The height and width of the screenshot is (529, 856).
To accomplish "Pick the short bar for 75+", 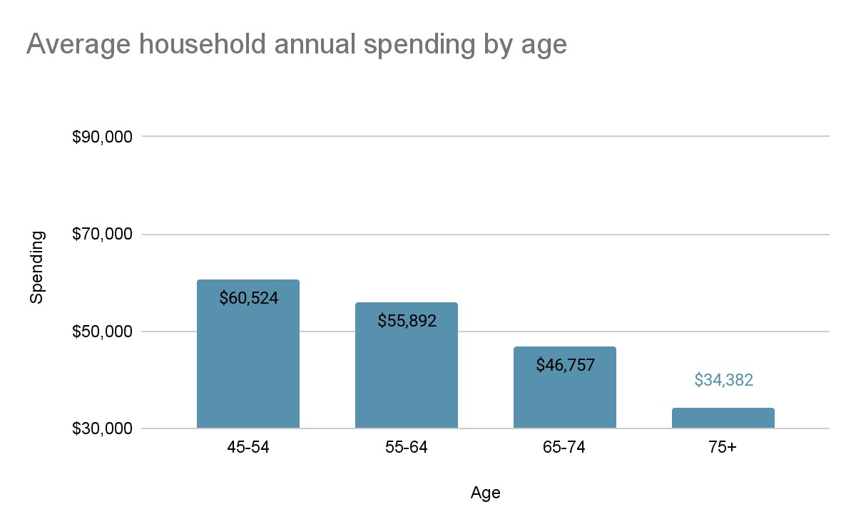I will tap(723, 418).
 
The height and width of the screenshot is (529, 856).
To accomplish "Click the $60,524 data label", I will tap(248, 298).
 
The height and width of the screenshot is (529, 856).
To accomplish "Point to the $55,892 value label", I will tap(407, 321).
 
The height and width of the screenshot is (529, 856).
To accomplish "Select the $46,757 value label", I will tap(565, 366).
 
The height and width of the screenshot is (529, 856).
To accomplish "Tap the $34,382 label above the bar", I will tap(723, 380).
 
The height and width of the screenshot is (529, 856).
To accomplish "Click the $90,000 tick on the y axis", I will tap(102, 137).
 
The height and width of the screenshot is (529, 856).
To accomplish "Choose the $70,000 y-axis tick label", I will tap(102, 234).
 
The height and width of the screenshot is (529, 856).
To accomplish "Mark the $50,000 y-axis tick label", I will tap(102, 332).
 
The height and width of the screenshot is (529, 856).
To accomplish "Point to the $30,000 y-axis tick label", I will tap(102, 429).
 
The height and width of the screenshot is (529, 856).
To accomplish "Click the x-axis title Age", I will tap(485, 493).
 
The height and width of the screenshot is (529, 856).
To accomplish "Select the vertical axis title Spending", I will tap(37, 267).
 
